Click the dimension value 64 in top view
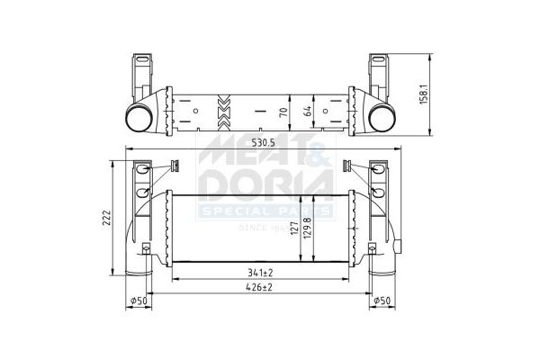click(309, 112)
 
